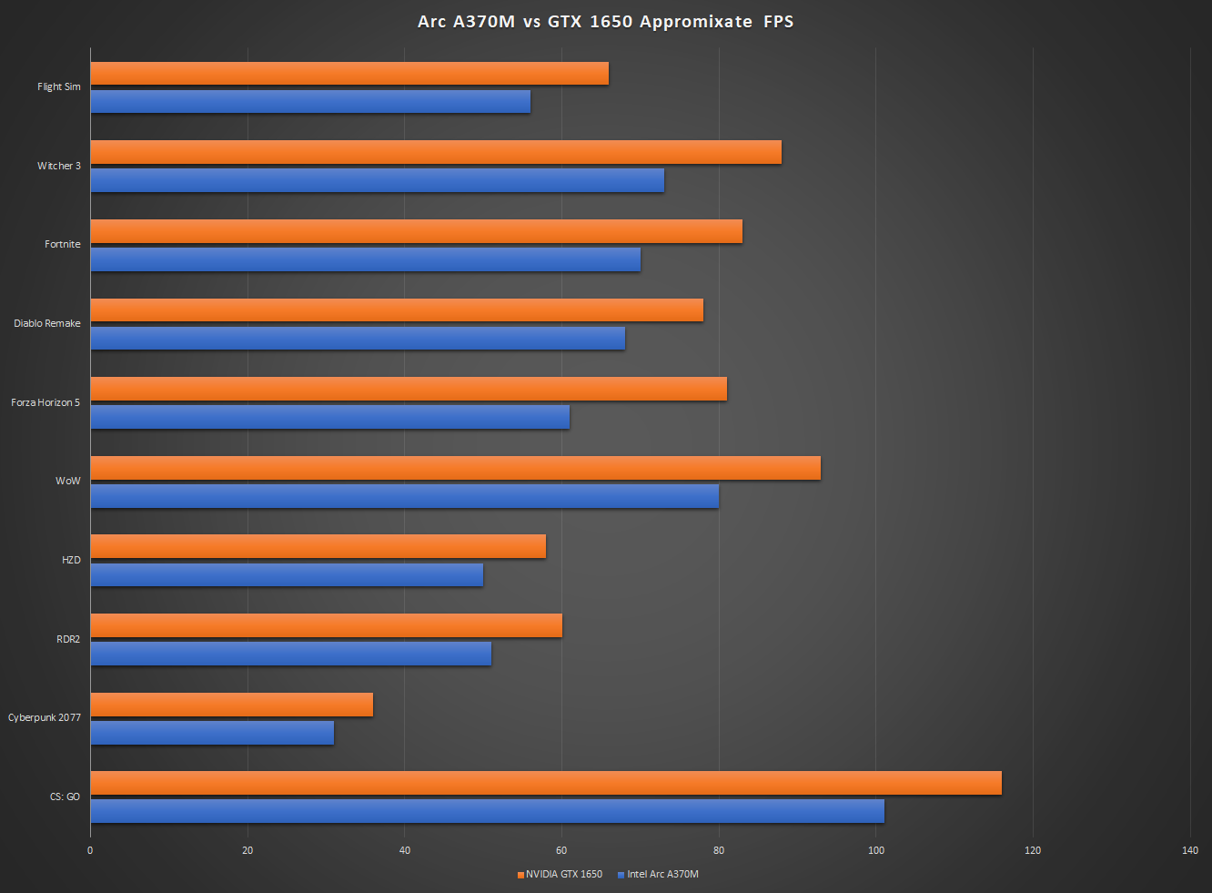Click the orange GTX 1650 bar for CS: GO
click(x=546, y=783)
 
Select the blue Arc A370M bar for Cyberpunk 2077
click(x=212, y=733)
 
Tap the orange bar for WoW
click(x=455, y=468)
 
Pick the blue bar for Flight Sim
click(x=310, y=101)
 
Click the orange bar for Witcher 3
click(x=436, y=152)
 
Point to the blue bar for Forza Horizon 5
click(x=329, y=417)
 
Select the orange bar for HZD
click(x=318, y=546)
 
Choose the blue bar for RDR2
click(x=290, y=654)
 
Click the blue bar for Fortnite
click(x=365, y=259)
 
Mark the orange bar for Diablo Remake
click(x=397, y=310)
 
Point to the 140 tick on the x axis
click(x=1189, y=850)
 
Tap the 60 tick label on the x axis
click(x=561, y=850)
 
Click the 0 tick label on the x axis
click(x=90, y=850)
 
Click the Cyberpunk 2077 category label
click(x=45, y=717)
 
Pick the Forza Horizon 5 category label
click(x=45, y=402)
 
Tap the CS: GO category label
click(x=65, y=797)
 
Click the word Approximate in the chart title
click(x=696, y=22)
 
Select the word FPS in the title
click(x=779, y=22)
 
